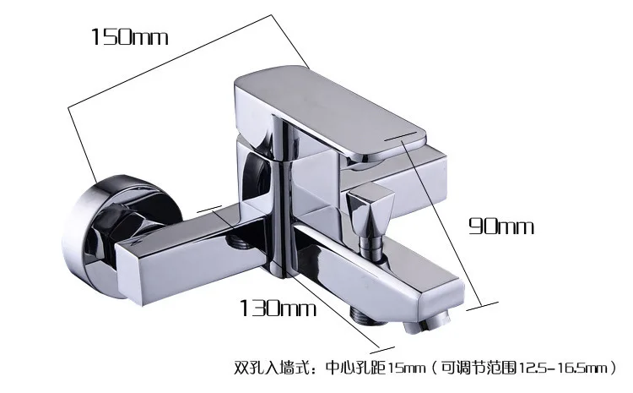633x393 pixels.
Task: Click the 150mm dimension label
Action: point(130,36)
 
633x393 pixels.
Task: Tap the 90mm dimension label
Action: point(503,227)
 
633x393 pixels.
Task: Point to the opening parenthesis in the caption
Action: point(439,368)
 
